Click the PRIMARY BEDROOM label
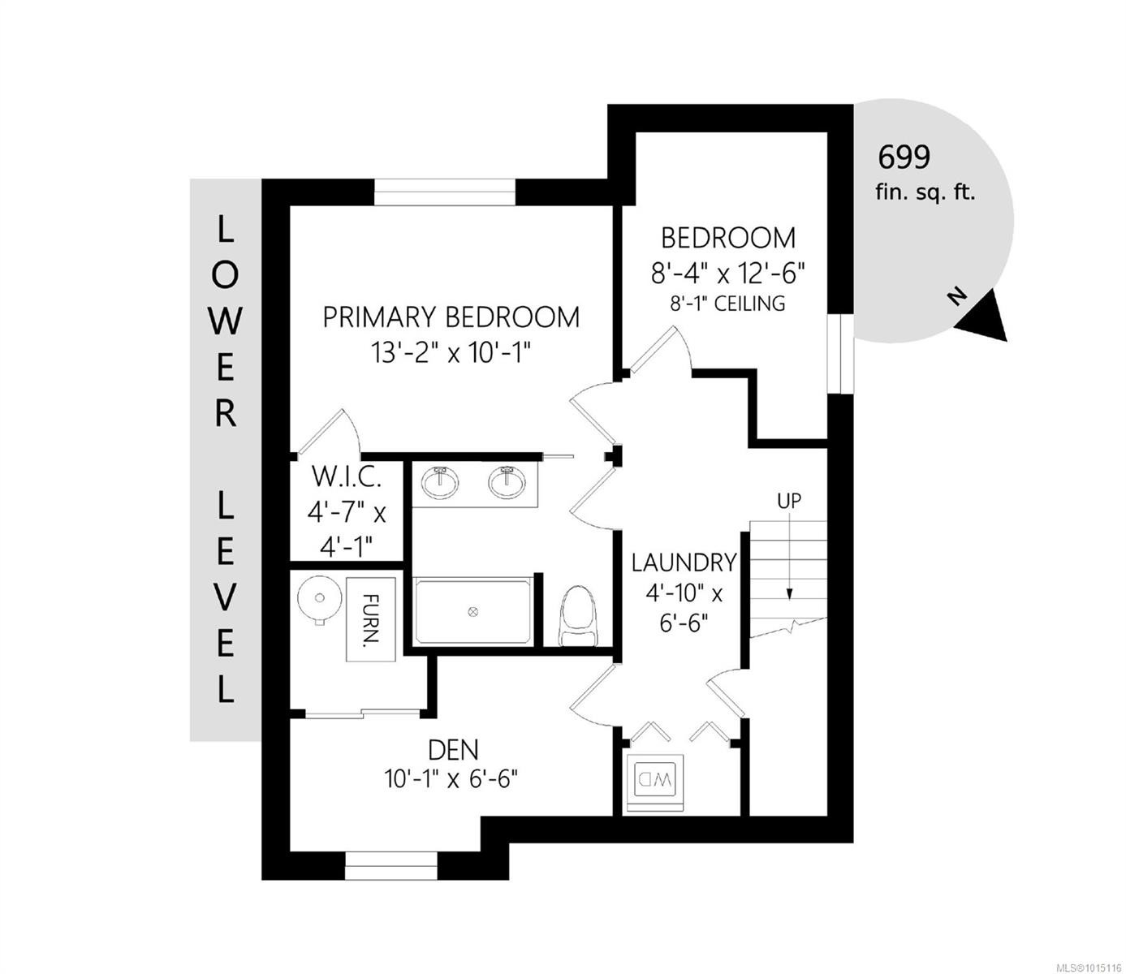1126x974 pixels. coord(451,317)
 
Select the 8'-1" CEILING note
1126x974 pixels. coord(727,304)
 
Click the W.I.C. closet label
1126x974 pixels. coord(346,478)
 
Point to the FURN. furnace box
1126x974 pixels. coord(371,618)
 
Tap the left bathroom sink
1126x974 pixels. coord(441,482)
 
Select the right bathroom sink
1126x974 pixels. coord(507,482)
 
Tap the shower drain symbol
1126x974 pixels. coord(472,612)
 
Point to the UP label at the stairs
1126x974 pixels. coord(789,501)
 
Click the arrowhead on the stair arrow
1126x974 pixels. coord(789,596)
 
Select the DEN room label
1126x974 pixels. coord(454,750)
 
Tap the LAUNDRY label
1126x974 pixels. coord(684,562)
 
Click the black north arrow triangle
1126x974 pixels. coord(983,320)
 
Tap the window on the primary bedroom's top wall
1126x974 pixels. coord(445,192)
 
